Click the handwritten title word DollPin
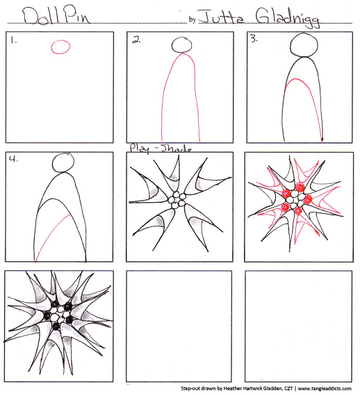56,16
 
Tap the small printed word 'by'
193,19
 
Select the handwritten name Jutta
221,17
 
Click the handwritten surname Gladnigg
287,17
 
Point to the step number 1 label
13,40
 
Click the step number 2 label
136,40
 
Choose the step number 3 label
254,39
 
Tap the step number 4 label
13,159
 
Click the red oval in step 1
60,47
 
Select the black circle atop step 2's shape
181,45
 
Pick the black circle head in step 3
304,45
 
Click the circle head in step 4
63,162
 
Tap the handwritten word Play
140,148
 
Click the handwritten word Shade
176,149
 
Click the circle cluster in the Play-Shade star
177,200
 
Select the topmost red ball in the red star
300,187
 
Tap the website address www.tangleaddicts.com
325,389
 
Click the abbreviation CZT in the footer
288,389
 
